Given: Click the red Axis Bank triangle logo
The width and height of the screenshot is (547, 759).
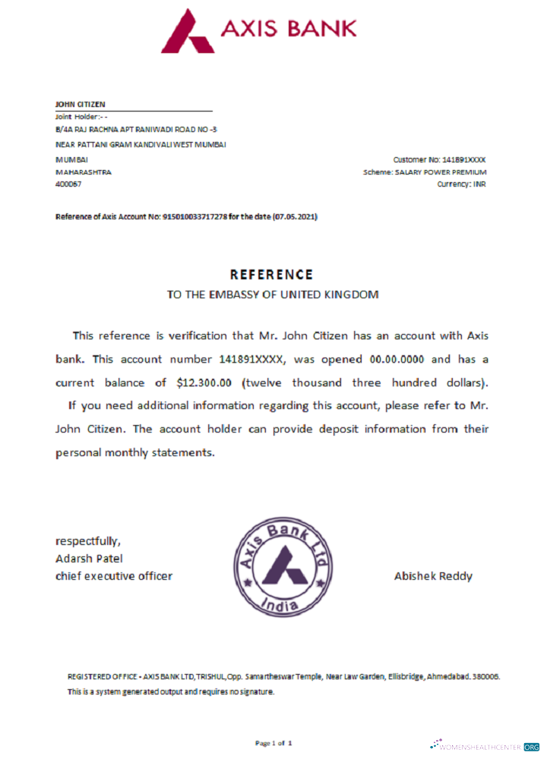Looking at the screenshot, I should pos(187,30).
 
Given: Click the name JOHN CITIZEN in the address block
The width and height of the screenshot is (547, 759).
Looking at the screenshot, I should pos(81,104).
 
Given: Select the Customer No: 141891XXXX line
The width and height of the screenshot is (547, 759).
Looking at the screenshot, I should pos(439,159).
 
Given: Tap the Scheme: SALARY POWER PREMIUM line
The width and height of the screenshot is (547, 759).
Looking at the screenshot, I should pos(425,172).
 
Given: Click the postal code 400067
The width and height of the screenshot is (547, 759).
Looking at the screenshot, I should pos(68,184).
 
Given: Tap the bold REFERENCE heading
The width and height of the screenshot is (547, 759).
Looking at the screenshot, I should pos(271,275).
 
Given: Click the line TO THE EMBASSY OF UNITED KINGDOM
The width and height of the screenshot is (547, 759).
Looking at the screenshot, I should pos(272,294).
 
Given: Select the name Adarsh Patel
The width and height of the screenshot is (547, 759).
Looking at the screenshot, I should pos(89,559).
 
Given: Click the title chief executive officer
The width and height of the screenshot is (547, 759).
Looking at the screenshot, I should pos(114,576).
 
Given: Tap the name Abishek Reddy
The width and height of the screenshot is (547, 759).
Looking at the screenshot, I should pos(433,576).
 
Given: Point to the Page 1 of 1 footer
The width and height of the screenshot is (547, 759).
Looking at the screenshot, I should pos(273,742).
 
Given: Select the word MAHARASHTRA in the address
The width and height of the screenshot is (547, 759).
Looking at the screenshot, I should pos(84,172).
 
